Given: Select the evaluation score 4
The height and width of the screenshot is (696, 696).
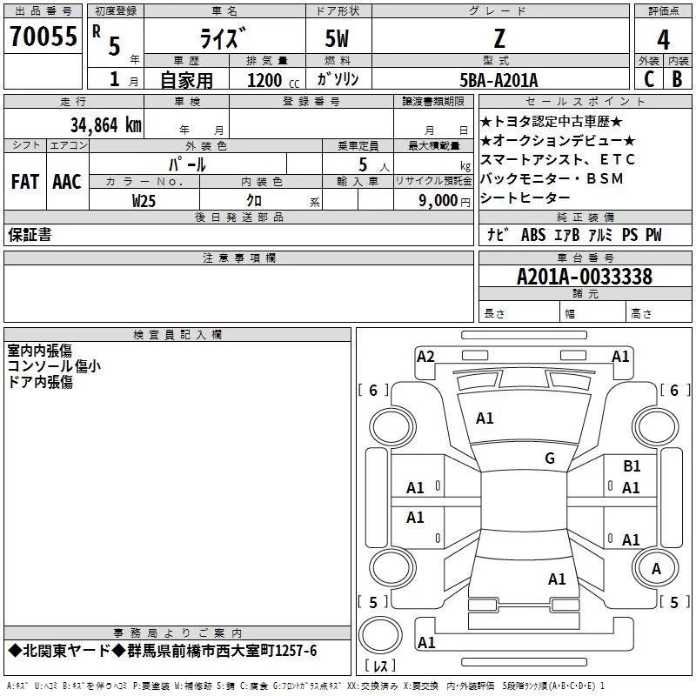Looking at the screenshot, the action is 664,39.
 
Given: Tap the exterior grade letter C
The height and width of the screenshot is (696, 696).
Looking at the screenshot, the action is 648,78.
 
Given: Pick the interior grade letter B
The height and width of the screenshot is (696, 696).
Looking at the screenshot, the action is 677,78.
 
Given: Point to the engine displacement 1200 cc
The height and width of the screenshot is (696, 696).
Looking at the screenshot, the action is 271,80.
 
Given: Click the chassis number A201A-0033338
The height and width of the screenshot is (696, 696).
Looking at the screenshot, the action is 584,277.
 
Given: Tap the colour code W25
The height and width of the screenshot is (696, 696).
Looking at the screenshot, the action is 144,200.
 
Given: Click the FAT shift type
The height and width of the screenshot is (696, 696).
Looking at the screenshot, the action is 25,182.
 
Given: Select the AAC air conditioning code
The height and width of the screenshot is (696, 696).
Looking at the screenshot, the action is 67,182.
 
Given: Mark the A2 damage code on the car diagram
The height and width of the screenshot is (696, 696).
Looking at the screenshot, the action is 425,356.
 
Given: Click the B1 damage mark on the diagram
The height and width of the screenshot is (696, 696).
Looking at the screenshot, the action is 632,466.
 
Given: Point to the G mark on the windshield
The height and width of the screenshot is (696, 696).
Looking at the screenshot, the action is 550,458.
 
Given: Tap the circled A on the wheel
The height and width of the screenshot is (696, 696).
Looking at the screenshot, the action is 656,569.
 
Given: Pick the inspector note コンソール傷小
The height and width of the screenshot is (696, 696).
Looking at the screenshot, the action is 54,366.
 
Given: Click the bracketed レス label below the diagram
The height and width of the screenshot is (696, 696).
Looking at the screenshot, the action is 381,667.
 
